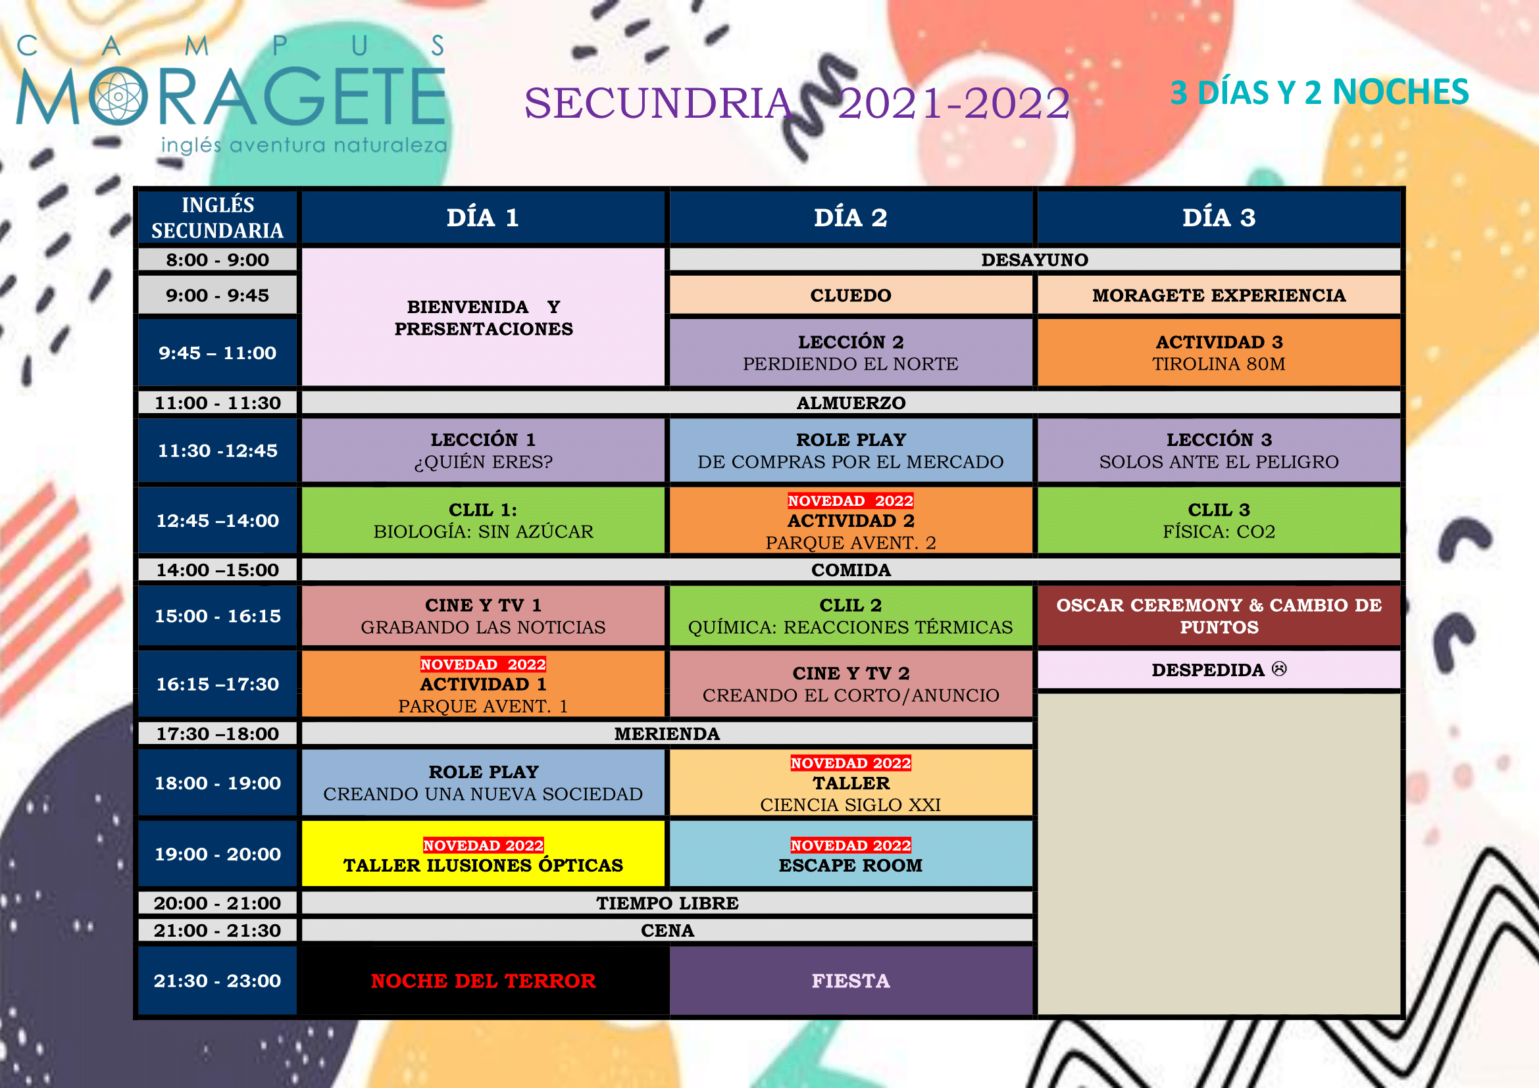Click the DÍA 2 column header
(x=851, y=218)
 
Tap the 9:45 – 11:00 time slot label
(x=217, y=353)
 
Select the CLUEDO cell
(x=851, y=295)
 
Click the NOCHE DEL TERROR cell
(x=484, y=981)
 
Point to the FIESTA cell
(x=851, y=981)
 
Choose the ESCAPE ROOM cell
(x=851, y=854)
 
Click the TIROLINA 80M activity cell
(x=1219, y=353)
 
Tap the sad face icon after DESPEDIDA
(x=1279, y=668)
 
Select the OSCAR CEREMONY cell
(x=1219, y=616)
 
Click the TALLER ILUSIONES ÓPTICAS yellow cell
(x=484, y=854)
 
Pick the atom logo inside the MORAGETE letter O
(x=118, y=97)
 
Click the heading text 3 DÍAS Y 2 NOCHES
(x=1319, y=93)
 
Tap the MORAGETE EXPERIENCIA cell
(x=1219, y=295)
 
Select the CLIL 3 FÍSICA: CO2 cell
(x=1219, y=520)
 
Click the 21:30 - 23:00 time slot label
(x=217, y=981)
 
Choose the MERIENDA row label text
(x=667, y=733)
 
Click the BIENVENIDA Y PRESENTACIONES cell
(x=484, y=318)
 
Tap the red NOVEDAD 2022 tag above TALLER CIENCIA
(x=851, y=763)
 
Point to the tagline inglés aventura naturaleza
(x=303, y=145)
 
